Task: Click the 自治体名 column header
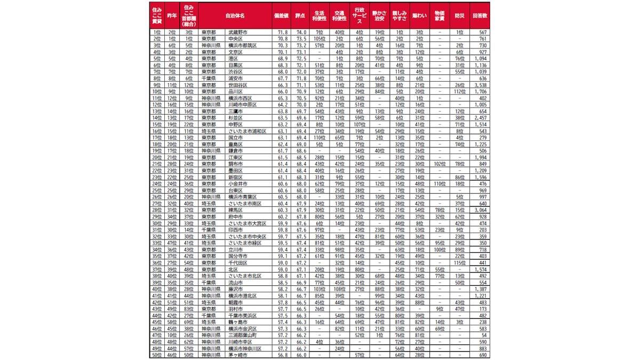(235, 16)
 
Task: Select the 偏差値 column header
(281, 16)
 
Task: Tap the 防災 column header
(459, 16)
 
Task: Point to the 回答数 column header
(479, 16)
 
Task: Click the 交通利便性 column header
(339, 16)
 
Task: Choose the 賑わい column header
(420, 16)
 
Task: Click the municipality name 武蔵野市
(238, 33)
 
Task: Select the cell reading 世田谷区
(237, 85)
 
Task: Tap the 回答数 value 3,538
(479, 85)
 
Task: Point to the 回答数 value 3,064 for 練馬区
(479, 210)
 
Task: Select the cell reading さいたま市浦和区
(247, 131)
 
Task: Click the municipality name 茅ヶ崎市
(237, 355)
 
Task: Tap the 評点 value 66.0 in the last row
(301, 355)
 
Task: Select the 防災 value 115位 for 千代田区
(459, 263)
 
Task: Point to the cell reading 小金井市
(237, 184)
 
